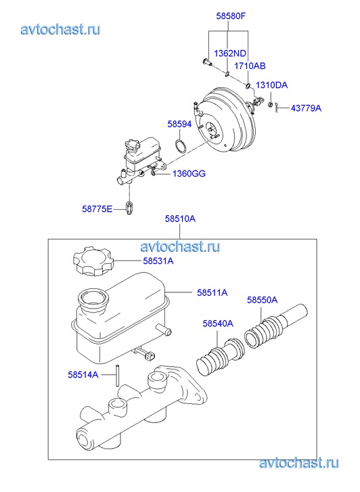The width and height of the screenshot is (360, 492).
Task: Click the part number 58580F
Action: pyautogui.click(x=231, y=16)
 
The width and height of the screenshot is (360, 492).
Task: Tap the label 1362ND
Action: pyautogui.click(x=230, y=53)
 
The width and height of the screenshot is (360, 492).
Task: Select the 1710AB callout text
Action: pyautogui.click(x=250, y=66)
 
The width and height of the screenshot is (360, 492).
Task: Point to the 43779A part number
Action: pyautogui.click(x=306, y=108)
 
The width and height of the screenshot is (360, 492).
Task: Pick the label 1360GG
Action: pyautogui.click(x=189, y=173)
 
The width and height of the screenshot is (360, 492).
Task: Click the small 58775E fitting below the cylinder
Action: pyautogui.click(x=129, y=208)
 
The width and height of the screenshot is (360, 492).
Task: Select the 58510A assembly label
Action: pyautogui.click(x=180, y=219)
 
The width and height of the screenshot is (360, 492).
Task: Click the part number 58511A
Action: pyautogui.click(x=212, y=292)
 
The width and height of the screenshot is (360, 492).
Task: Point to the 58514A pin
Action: pyautogui.click(x=117, y=375)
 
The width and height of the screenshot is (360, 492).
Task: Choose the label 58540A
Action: pyautogui.click(x=218, y=323)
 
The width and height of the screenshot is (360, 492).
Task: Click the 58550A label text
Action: pyautogui.click(x=262, y=300)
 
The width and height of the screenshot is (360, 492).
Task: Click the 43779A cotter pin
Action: pyautogui.click(x=276, y=108)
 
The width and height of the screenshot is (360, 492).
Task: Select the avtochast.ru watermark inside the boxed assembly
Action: pyautogui.click(x=180, y=246)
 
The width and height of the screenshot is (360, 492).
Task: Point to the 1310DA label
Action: pyautogui.click(x=271, y=85)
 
